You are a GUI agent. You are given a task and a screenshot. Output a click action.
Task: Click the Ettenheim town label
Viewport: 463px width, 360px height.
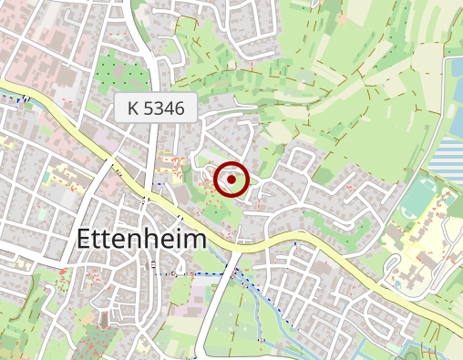coord(141,239)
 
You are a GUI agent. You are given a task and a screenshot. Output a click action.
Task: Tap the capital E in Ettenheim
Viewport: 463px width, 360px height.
coord(85,239)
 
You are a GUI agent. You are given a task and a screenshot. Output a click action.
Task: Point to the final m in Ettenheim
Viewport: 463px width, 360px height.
coord(195,239)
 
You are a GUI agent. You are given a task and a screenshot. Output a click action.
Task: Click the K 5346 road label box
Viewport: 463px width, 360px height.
coord(156,108)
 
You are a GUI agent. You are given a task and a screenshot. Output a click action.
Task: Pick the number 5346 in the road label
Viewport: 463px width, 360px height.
coord(165,108)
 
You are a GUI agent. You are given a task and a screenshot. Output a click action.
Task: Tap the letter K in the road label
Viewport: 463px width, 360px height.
coord(134,108)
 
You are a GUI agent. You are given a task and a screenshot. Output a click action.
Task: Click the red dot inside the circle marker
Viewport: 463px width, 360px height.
coord(231,180)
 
